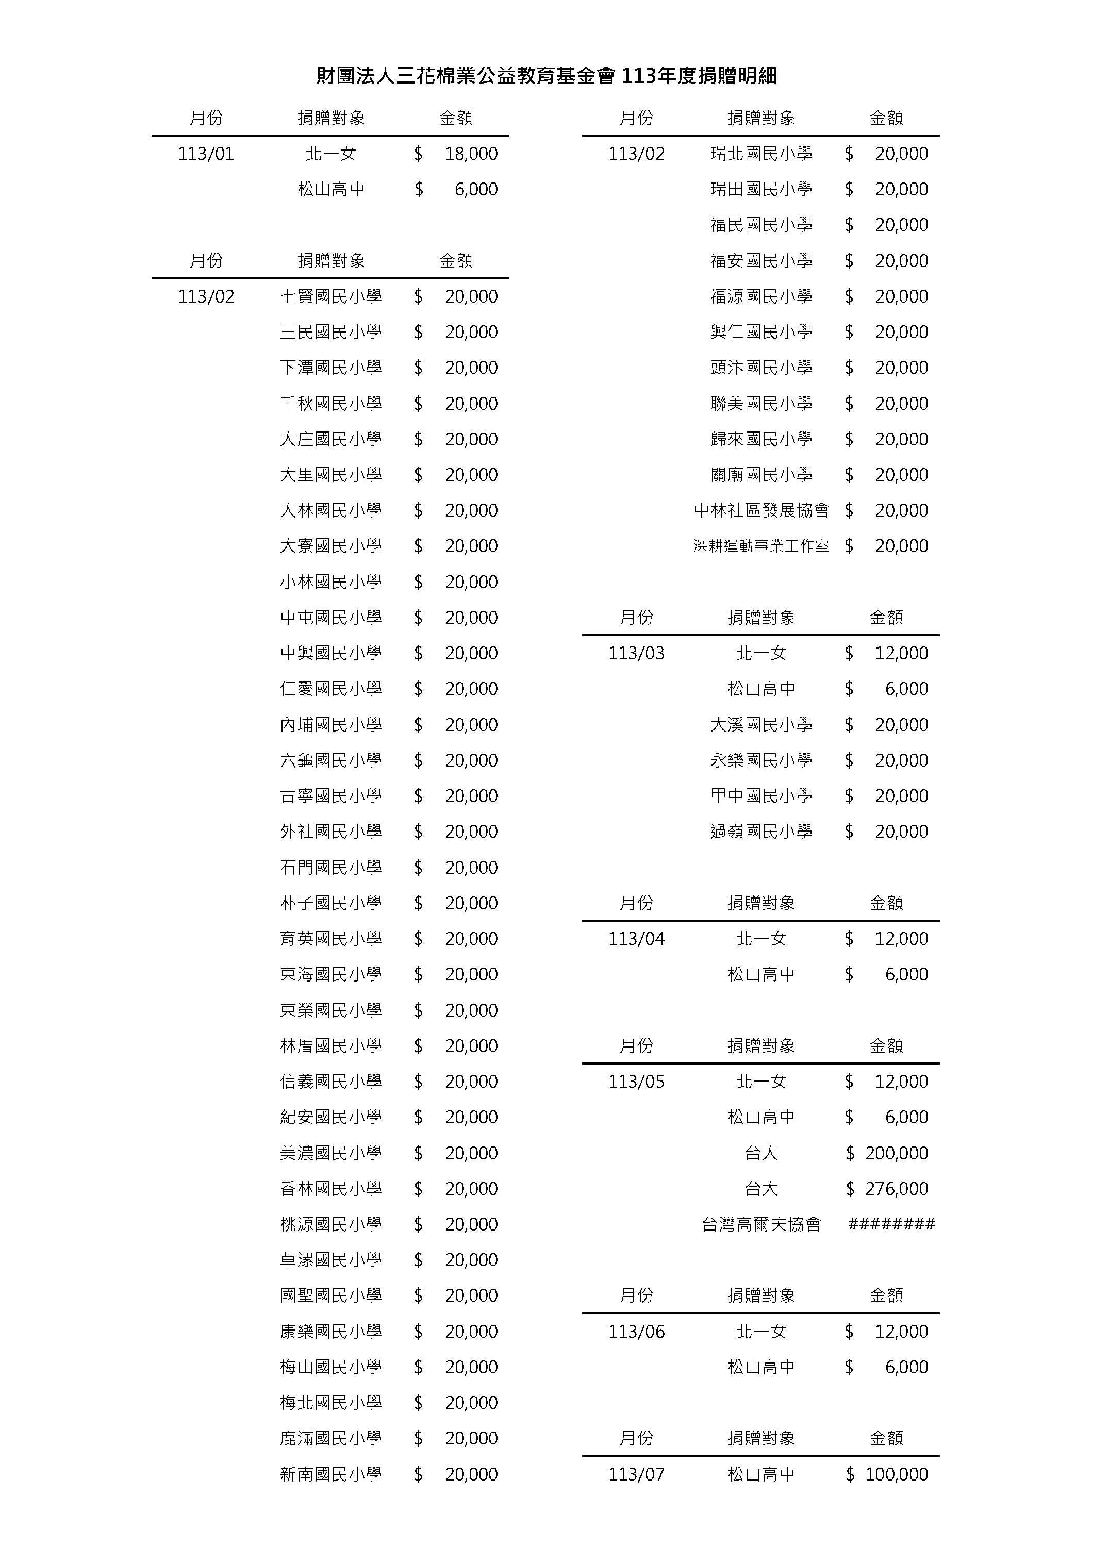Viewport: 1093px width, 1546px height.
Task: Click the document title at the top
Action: coord(546,76)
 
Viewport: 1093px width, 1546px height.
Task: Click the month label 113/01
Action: coord(206,154)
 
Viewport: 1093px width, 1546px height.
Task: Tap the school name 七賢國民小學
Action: coord(330,296)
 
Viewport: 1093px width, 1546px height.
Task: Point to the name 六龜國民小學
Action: coord(330,760)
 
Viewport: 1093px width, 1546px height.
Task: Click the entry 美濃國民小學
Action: coord(330,1153)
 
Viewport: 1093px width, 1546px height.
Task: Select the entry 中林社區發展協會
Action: coord(761,510)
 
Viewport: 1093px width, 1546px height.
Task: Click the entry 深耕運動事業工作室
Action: coord(761,546)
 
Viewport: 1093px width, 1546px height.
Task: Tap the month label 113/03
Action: coord(636,653)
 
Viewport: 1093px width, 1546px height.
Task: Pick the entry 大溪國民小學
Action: coord(761,724)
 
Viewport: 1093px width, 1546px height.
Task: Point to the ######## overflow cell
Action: coord(891,1224)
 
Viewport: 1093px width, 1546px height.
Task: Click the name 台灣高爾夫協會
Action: coord(761,1224)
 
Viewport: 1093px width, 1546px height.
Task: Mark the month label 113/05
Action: coord(636,1082)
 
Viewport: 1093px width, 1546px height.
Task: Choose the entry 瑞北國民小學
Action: coord(761,154)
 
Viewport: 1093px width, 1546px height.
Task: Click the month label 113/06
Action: coord(636,1331)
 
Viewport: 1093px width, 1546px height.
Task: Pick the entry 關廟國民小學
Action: coord(761,475)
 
